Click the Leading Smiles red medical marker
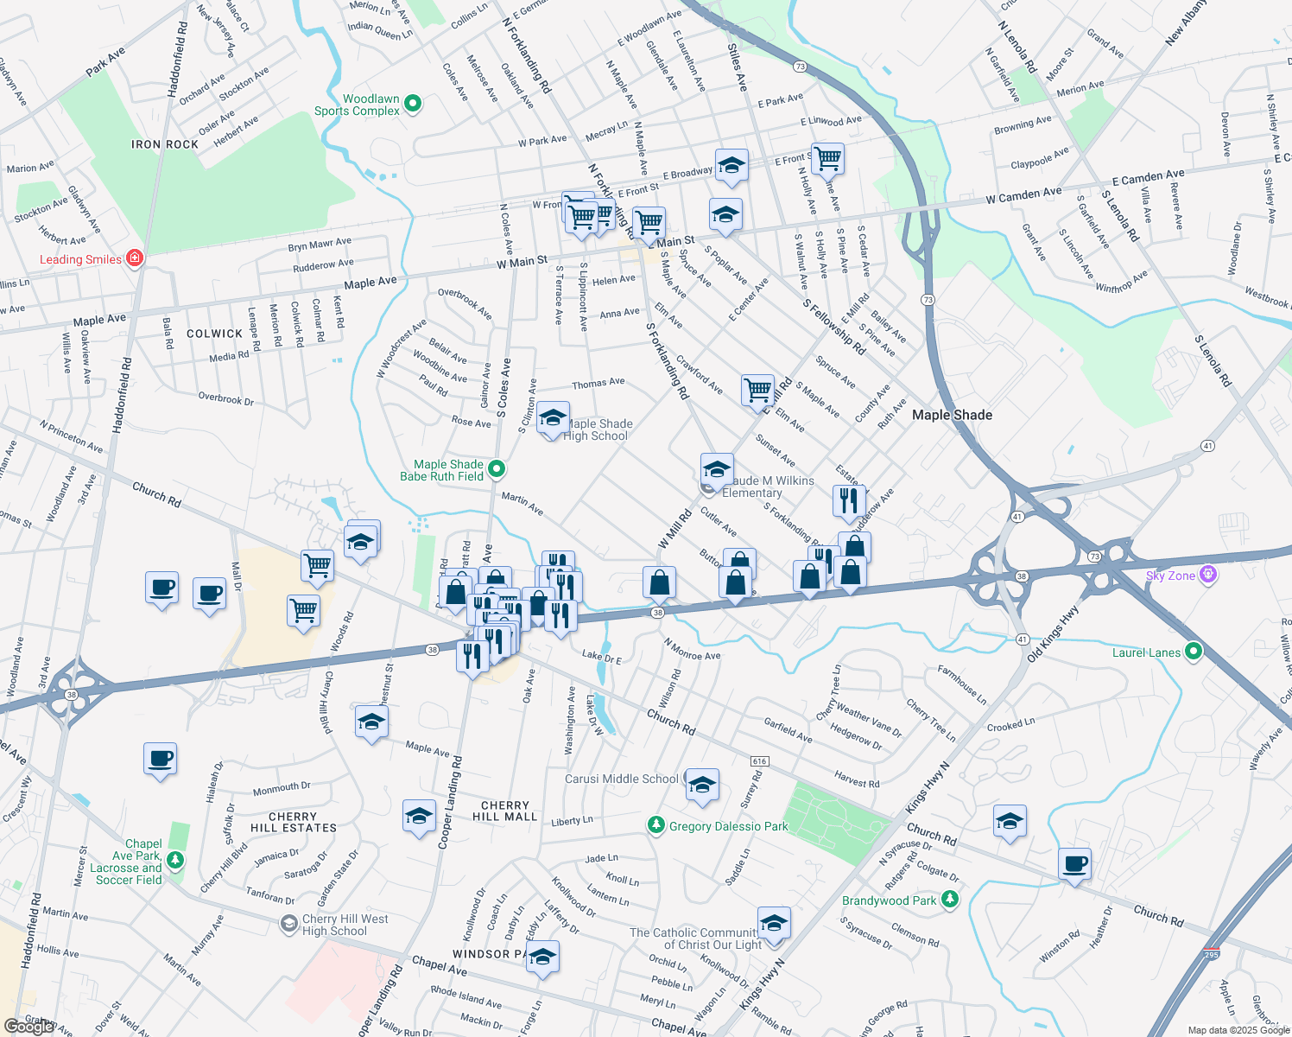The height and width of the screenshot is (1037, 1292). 134,258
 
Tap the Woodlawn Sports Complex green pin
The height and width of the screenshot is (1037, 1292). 413,104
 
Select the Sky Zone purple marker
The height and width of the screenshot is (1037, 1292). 1207,575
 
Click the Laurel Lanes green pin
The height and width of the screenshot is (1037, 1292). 1193,652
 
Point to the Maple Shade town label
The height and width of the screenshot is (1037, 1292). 952,415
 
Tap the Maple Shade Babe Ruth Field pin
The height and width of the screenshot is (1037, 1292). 496,469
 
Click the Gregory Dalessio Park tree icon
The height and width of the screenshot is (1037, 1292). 656,825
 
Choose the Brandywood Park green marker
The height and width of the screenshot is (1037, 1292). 949,900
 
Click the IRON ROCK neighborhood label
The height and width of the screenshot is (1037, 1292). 165,144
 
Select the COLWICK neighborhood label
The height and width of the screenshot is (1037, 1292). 214,334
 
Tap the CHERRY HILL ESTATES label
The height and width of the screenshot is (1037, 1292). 294,822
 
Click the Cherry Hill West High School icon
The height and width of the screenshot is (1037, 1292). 289,924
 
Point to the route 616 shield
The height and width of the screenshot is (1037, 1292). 759,761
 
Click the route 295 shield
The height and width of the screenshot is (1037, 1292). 1212,953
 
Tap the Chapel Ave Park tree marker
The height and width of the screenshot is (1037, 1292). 175,860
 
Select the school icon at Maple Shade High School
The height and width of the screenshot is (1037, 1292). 553,419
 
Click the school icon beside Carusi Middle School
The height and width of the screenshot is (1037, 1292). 702,784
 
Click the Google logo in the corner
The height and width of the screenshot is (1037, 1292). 28,1026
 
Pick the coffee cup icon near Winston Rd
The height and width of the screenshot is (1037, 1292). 1074,863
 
